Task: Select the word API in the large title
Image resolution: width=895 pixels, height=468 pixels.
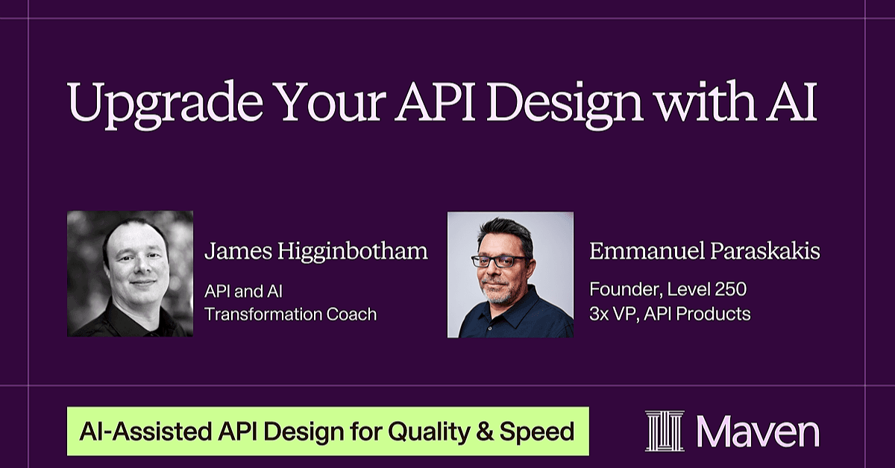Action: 434,101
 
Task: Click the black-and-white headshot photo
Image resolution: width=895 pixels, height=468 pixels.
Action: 131,273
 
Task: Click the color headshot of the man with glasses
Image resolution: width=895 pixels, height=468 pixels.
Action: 510,275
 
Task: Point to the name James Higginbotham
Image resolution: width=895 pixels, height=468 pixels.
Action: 316,253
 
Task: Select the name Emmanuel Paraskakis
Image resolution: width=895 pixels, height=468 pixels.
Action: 705,251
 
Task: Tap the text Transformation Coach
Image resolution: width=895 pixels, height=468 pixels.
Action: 290,314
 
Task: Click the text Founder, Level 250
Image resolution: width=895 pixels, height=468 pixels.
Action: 668,289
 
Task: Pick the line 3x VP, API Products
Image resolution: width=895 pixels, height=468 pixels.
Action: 670,314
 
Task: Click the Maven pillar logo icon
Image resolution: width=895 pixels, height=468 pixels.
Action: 665,431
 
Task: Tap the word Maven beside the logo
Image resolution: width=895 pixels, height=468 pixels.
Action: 758,431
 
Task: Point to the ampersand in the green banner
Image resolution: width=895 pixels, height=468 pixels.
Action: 485,431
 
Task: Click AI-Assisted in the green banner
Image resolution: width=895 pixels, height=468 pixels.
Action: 145,431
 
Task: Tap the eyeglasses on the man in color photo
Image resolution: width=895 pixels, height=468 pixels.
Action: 498,262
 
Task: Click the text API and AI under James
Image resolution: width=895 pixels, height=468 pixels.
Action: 243,291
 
